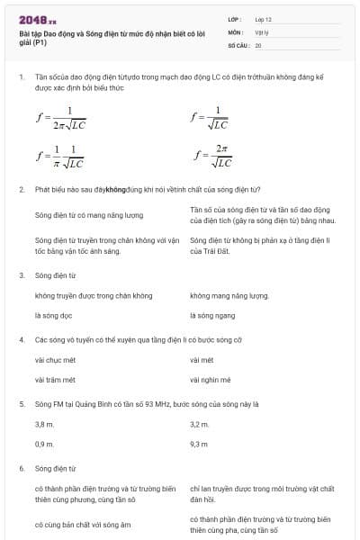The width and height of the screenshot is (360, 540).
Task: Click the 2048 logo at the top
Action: (x=37, y=18)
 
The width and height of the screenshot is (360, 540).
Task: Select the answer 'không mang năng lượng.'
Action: (x=229, y=295)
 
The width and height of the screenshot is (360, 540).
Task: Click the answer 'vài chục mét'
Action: (x=55, y=359)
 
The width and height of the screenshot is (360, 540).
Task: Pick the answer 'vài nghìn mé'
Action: (x=211, y=380)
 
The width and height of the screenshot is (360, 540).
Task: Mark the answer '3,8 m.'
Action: (x=44, y=423)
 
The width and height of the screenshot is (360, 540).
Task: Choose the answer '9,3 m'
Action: (x=199, y=444)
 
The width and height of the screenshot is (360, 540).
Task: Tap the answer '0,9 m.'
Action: (x=44, y=444)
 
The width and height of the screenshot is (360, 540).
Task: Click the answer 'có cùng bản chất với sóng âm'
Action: (x=83, y=524)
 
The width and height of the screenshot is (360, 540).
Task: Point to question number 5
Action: (x=21, y=404)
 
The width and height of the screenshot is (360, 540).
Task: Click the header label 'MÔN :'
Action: (x=236, y=31)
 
